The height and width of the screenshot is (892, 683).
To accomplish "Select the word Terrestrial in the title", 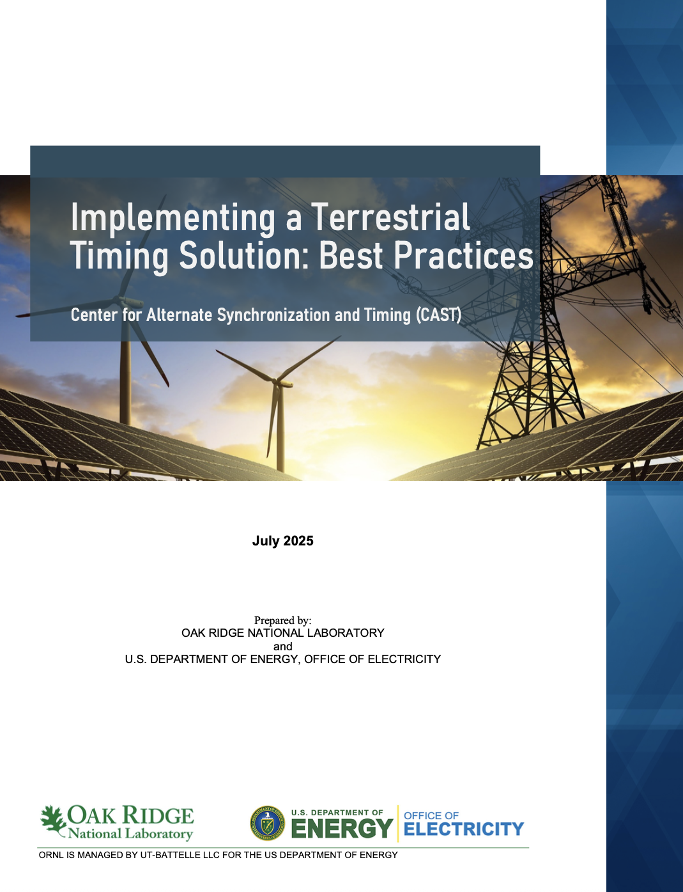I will pyautogui.click(x=390, y=217).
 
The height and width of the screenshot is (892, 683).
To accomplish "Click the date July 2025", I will pyautogui.click(x=282, y=541).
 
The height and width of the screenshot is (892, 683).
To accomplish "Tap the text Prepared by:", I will pyautogui.click(x=282, y=620).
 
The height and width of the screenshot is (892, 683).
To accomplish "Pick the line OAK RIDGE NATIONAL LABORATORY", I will pyautogui.click(x=282, y=633).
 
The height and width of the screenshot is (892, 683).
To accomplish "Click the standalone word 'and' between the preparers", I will pyautogui.click(x=282, y=646).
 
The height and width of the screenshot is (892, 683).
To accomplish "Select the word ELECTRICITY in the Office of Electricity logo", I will pyautogui.click(x=464, y=829).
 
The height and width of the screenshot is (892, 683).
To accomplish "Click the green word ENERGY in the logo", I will pyautogui.click(x=342, y=829).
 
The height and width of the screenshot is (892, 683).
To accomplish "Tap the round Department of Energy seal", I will pyautogui.click(x=268, y=824).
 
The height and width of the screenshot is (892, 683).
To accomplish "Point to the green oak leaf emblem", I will pyautogui.click(x=53, y=819).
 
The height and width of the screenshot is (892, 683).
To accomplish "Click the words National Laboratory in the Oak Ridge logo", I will pyautogui.click(x=130, y=834).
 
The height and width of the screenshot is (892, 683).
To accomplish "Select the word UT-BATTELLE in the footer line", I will pyautogui.click(x=165, y=855).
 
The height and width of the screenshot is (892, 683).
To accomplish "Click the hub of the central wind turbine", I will pyautogui.click(x=276, y=382).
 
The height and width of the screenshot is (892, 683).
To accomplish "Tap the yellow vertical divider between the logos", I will pyautogui.click(x=398, y=824).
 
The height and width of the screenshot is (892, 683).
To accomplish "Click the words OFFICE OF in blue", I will pyautogui.click(x=431, y=816).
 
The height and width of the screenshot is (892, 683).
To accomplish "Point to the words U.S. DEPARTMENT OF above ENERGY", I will pyautogui.click(x=337, y=813).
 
